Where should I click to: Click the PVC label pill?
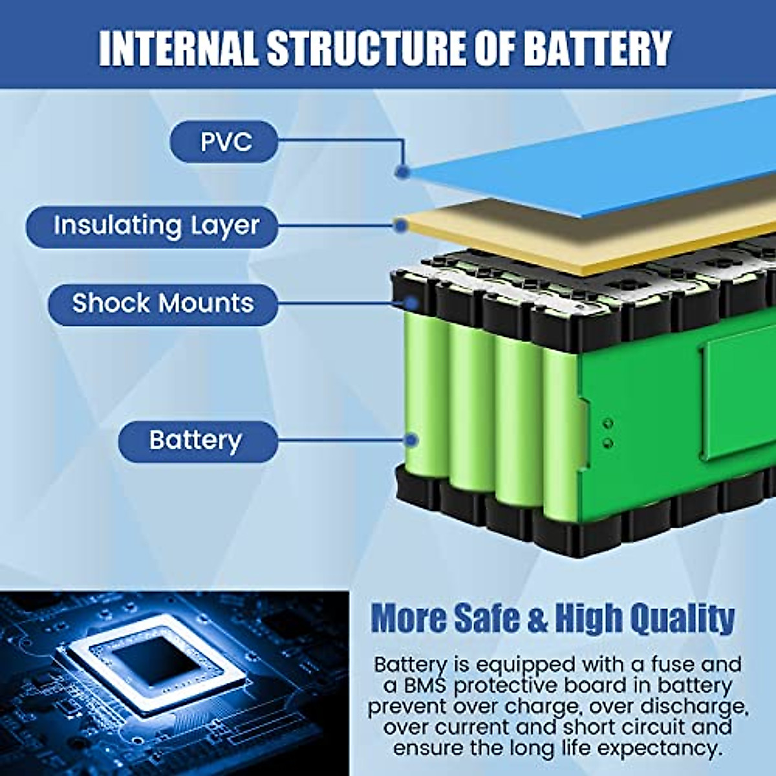click(x=224, y=141)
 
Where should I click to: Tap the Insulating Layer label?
click(x=153, y=226)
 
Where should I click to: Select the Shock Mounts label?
click(x=163, y=303)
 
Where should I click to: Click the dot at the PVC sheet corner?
click(x=402, y=172)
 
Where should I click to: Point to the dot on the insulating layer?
click(x=401, y=226)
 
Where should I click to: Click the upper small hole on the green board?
click(x=608, y=423)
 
